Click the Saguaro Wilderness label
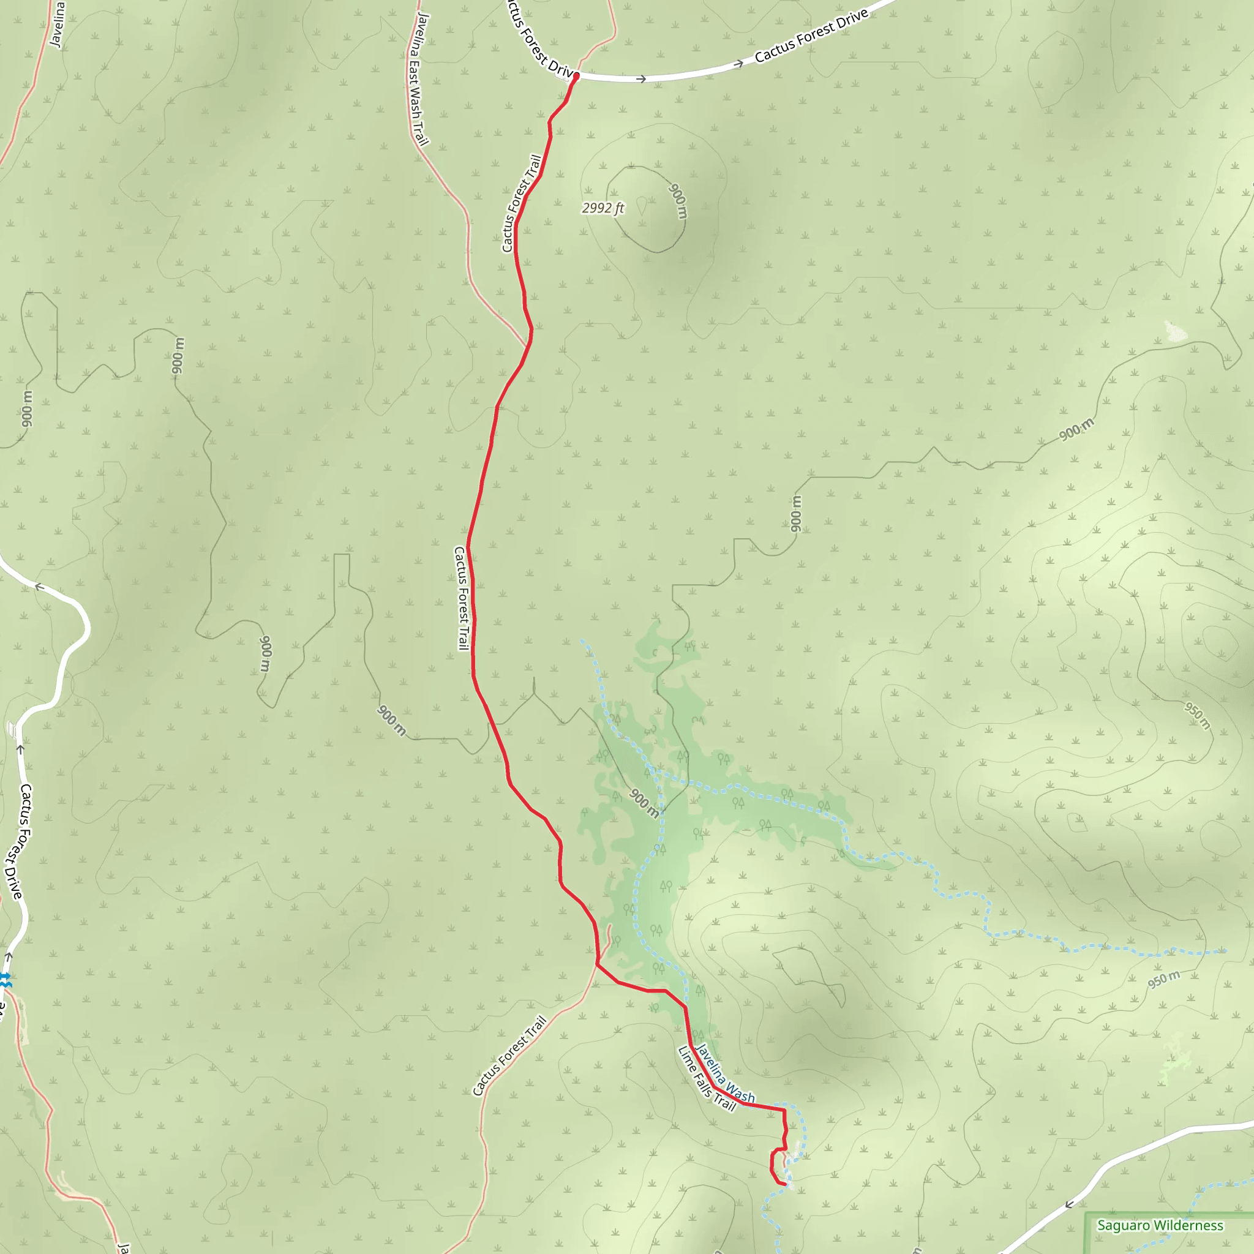click(1160, 1225)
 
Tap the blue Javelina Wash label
click(725, 1073)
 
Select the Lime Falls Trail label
click(707, 1078)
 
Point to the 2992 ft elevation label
click(603, 208)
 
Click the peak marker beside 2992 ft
click(641, 206)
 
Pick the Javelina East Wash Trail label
click(419, 79)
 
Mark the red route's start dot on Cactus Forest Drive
click(576, 76)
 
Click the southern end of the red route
click(786, 1185)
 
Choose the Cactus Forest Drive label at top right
click(811, 36)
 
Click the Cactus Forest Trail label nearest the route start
click(521, 203)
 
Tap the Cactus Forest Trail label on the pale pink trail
click(509, 1056)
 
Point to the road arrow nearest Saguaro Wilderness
click(1069, 1204)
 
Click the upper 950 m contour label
click(1198, 715)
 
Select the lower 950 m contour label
click(1164, 980)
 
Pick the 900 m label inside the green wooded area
click(645, 802)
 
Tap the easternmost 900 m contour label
click(1077, 430)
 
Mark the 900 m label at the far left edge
click(26, 409)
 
